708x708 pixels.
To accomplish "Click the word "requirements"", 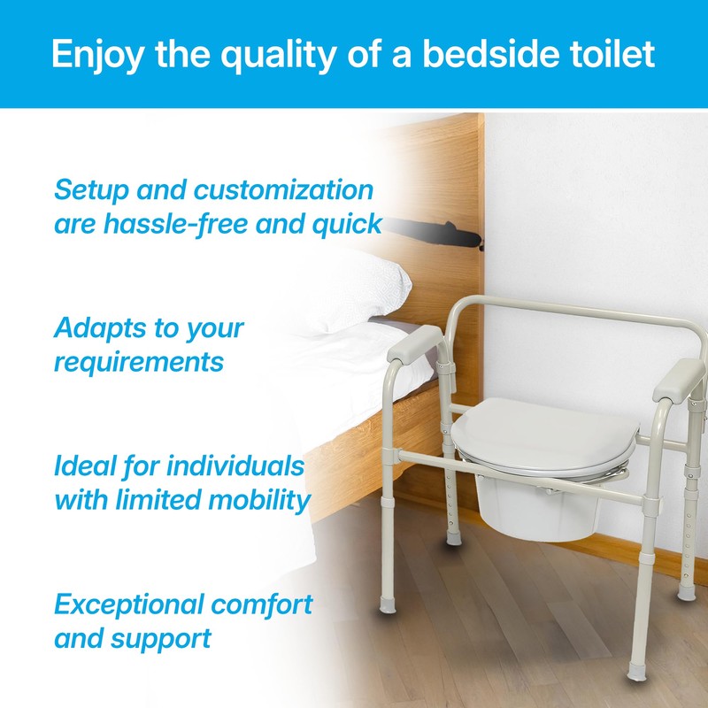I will coord(139,361).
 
